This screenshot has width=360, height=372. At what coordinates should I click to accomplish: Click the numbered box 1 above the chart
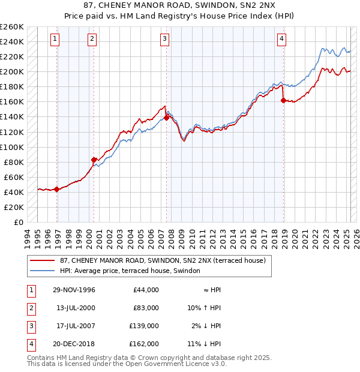click(x=55, y=40)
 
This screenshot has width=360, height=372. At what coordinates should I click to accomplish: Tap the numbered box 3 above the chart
click(x=164, y=40)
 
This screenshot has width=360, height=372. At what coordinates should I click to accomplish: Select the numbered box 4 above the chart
click(x=281, y=40)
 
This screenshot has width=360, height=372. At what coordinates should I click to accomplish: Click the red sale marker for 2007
click(x=166, y=118)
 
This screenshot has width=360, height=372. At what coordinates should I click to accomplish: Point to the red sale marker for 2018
click(x=283, y=100)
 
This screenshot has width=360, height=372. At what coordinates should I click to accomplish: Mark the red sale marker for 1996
click(x=56, y=189)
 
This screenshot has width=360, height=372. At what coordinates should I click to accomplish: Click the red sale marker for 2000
click(x=94, y=160)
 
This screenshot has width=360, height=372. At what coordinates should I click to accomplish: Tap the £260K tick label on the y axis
click(x=12, y=27)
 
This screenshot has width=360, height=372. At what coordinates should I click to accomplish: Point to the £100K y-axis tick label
click(x=12, y=147)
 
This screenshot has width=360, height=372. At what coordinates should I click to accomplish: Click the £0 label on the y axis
click(x=18, y=222)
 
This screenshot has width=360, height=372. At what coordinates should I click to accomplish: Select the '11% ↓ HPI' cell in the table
click(x=204, y=344)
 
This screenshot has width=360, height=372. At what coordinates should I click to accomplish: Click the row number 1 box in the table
click(x=31, y=290)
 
